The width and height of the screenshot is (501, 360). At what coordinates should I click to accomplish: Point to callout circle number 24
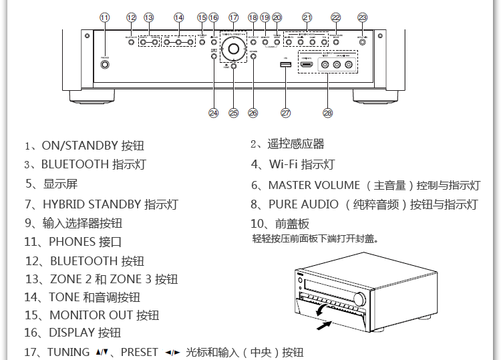213,113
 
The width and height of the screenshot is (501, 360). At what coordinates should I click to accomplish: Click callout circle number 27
285,113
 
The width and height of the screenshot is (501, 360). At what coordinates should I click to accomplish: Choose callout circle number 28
327,113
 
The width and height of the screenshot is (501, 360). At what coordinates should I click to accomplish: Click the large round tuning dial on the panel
234,47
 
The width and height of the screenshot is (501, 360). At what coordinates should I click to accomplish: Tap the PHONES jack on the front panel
105,65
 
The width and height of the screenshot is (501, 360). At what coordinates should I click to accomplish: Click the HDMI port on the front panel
306,65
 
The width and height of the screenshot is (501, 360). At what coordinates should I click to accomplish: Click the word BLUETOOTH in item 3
75,164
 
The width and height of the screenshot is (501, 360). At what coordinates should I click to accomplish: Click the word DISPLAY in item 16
71,332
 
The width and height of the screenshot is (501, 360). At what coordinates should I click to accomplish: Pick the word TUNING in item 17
68,352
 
